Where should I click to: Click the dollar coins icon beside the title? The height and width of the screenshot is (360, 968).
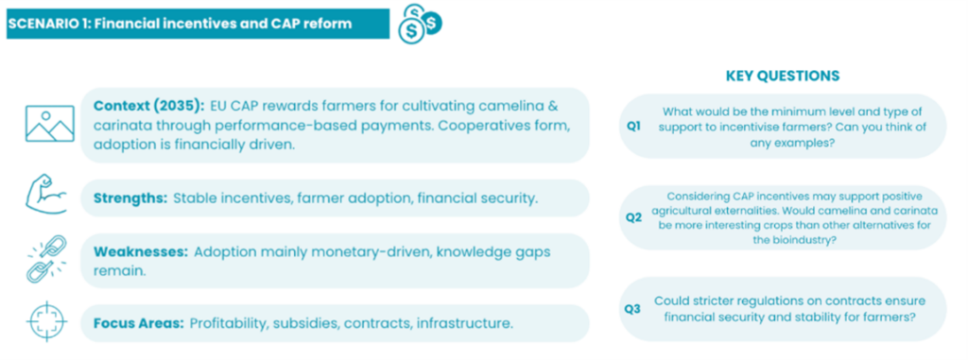pos(420,24)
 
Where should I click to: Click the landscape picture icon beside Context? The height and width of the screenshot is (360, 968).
pos(50,124)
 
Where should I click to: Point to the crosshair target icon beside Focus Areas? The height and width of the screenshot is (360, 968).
pos(47,321)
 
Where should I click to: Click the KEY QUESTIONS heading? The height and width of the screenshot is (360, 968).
pos(782,76)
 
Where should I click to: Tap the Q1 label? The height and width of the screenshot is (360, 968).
pos(633,126)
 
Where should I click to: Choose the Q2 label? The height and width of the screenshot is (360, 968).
pos(633,218)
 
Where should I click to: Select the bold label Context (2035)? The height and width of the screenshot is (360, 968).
pos(148,106)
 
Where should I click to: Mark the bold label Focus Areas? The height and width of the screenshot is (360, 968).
pos(138,323)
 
